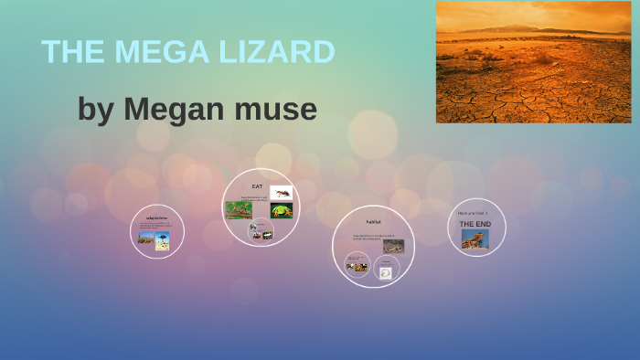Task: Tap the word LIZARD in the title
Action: coord(273,51)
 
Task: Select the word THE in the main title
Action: coord(70,51)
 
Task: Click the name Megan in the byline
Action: coord(168,110)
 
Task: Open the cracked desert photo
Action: coord(533,62)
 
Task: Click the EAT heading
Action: coord(257,186)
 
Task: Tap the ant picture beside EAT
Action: coord(281,192)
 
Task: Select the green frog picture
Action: coord(281,210)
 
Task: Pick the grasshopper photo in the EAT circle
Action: coord(239,210)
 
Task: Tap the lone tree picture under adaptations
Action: coord(163,240)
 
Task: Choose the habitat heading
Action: coord(373,222)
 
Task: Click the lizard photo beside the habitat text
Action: coord(393,246)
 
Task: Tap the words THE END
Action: coord(475,224)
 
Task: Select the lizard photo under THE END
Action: coord(475,238)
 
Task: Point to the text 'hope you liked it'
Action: coord(473,213)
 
